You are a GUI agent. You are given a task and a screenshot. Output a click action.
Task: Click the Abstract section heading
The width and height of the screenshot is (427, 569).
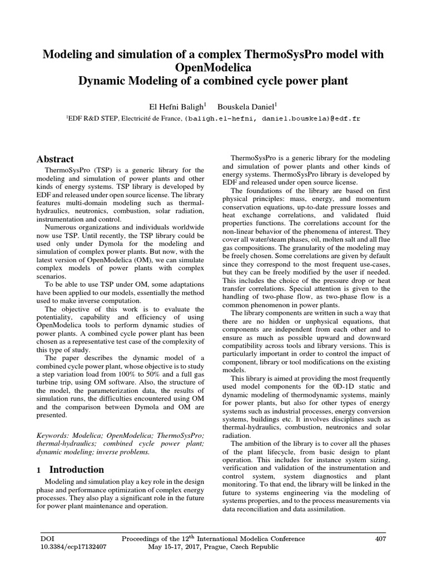pos(55,159)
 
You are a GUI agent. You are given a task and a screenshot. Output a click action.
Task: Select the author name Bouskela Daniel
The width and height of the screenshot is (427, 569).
pos(248,105)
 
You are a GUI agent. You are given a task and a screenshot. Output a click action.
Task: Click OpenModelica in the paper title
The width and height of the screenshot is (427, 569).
pos(213,67)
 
